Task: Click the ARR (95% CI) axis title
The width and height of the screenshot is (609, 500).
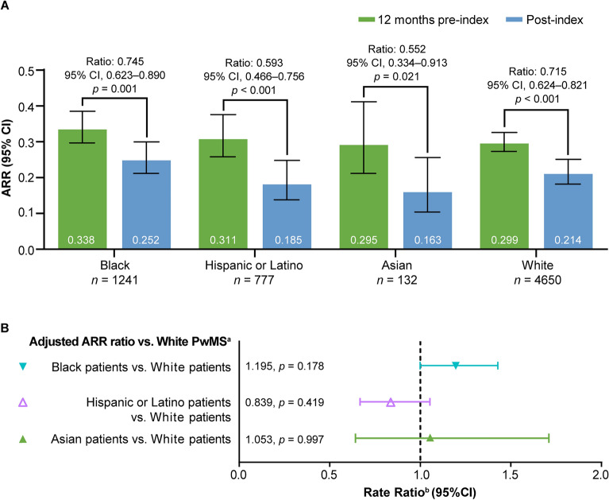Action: point(16,159)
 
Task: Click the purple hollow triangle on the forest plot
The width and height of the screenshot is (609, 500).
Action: point(391,402)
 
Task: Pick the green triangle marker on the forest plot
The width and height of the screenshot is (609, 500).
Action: point(430,438)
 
